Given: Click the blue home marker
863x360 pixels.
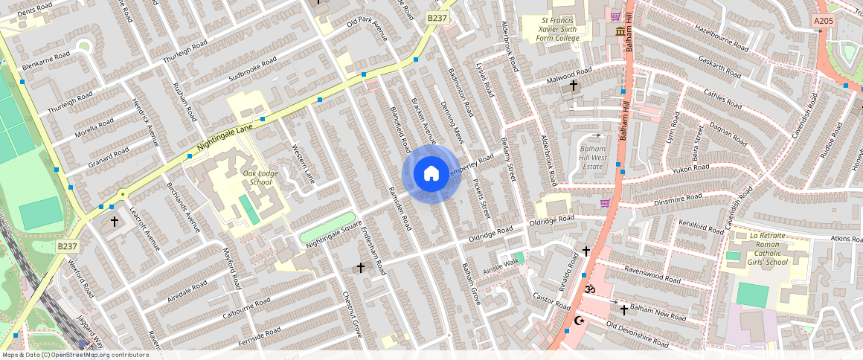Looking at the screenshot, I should tap(431, 174).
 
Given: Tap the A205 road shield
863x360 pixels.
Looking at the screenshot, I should tap(824, 22).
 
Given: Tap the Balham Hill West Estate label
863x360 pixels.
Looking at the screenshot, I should tap(594, 158).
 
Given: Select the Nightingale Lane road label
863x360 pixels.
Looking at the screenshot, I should tap(225, 139).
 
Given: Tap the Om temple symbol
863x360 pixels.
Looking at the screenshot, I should tap(591, 288).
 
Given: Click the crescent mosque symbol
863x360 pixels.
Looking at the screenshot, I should tap(580, 321).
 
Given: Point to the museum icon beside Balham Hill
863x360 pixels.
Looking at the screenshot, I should tap(620, 31).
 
